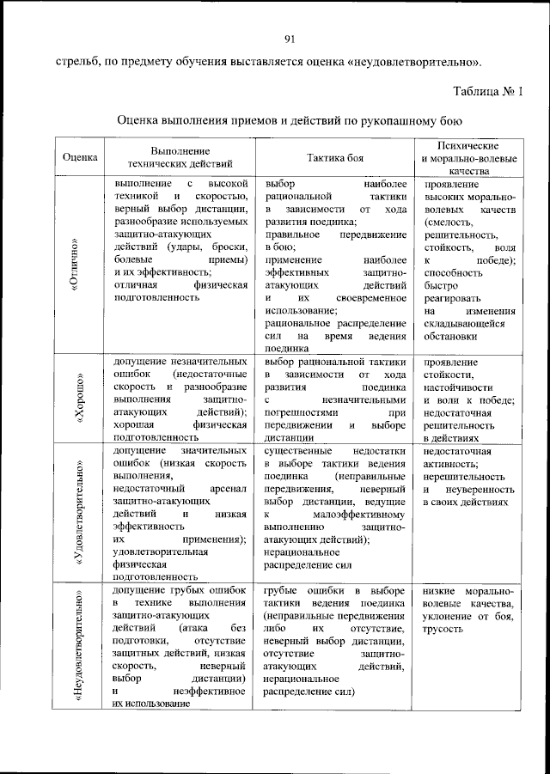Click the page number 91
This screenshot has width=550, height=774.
(290, 36)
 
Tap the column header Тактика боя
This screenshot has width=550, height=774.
(335, 157)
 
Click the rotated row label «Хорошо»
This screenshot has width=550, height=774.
(76, 400)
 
